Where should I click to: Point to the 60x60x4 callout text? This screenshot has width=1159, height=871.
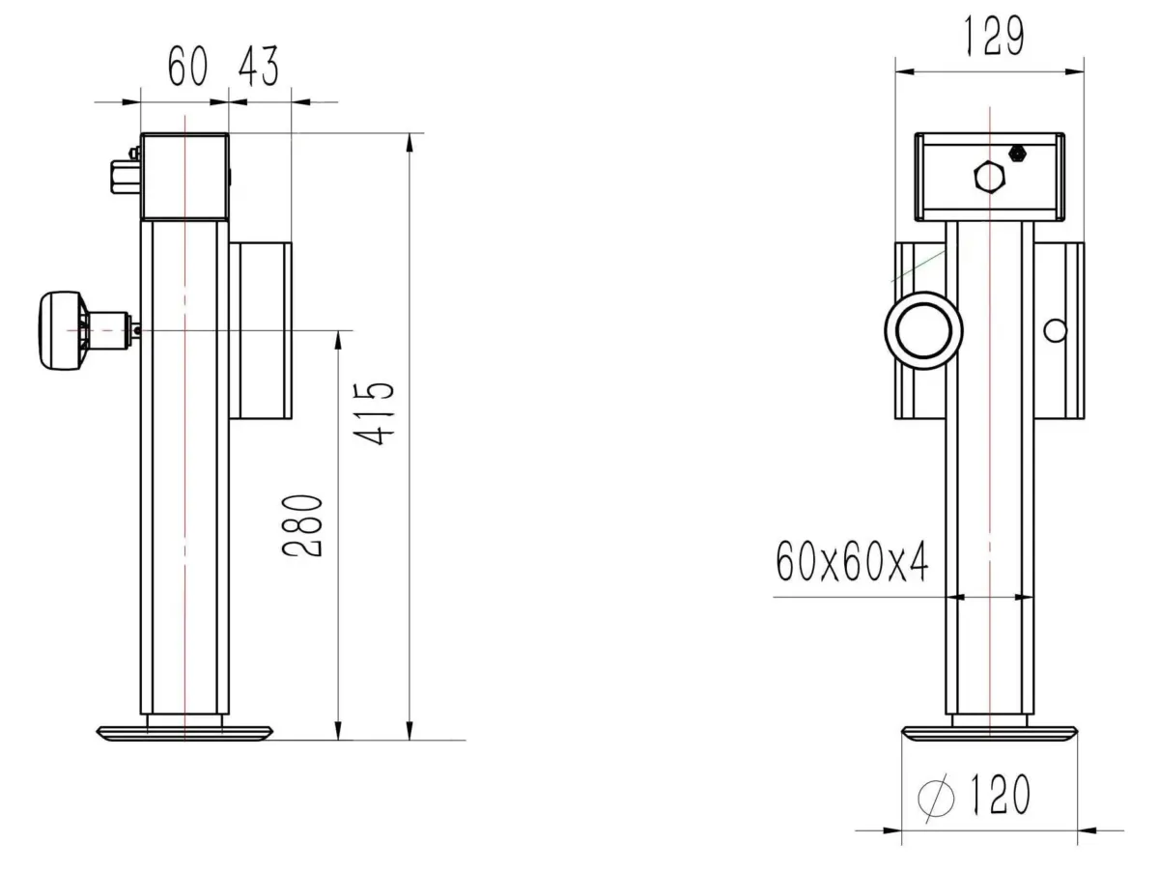pyautogui.click(x=851, y=563)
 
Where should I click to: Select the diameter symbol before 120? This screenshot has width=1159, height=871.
pyautogui.click(x=936, y=798)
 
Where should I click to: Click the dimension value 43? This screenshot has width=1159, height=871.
pyautogui.click(x=258, y=68)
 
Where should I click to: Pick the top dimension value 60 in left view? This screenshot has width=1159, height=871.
pyautogui.click(x=187, y=68)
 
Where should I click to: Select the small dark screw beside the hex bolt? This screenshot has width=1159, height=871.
pyautogui.click(x=1016, y=154)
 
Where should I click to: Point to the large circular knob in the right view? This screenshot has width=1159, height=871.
pyautogui.click(x=924, y=331)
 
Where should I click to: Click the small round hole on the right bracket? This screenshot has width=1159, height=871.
pyautogui.click(x=1055, y=331)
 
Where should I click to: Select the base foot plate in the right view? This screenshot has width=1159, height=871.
pyautogui.click(x=989, y=733)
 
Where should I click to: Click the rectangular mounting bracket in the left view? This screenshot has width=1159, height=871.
pyautogui.click(x=260, y=330)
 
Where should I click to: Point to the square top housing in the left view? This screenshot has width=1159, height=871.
pyautogui.click(x=184, y=177)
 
